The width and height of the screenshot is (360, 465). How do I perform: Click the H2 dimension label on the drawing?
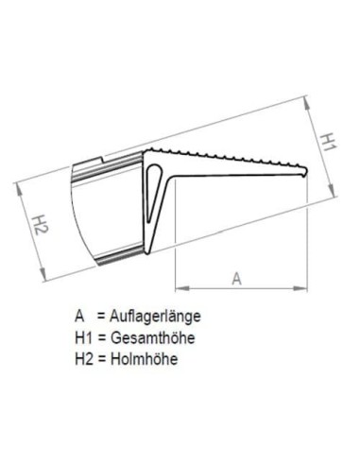pyautogui.click(x=39, y=225)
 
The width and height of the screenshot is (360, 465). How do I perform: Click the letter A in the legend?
pyautogui.click(x=77, y=317)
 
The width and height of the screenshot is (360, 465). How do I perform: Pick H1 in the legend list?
pyautogui.click(x=81, y=337)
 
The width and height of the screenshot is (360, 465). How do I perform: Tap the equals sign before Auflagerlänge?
pyautogui.click(x=102, y=317)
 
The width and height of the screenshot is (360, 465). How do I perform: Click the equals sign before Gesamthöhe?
pyautogui.click(x=102, y=337)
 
